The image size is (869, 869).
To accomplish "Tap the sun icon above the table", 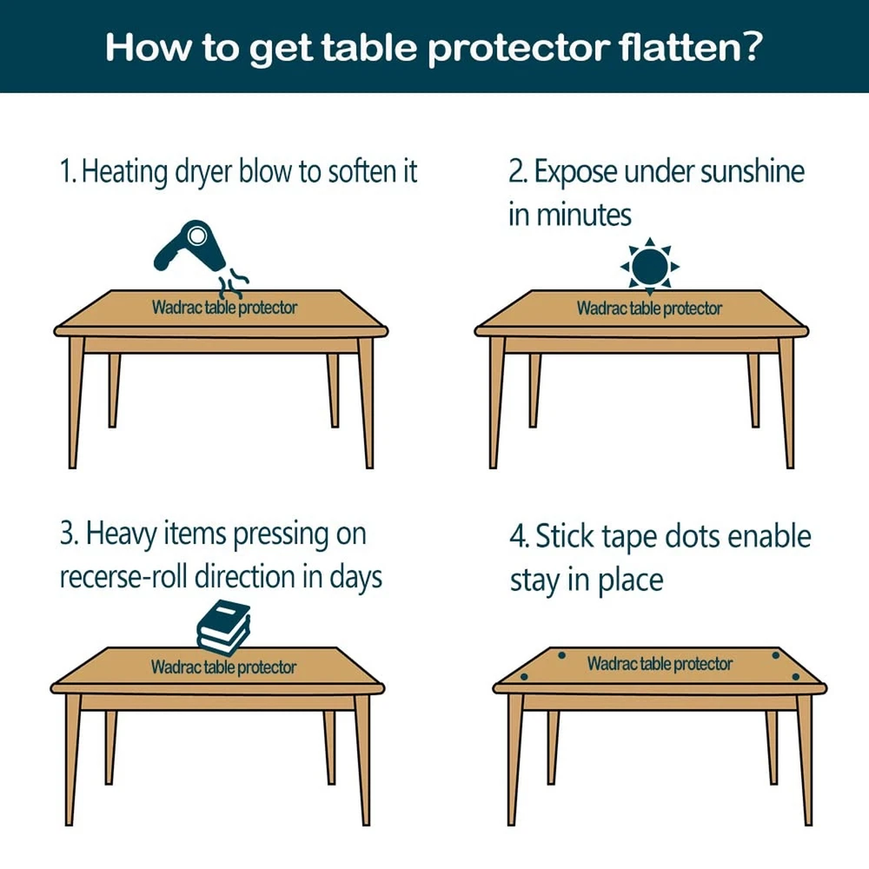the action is tap(649, 267).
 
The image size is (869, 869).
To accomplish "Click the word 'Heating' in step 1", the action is tap(124, 172).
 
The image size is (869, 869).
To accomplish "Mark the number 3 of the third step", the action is tap(68, 534).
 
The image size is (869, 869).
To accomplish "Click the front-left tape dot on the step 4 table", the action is tap(524, 677).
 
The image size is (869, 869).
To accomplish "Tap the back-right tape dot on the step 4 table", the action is tap(775, 655).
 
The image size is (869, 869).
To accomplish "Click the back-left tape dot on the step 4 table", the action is tap(561, 655).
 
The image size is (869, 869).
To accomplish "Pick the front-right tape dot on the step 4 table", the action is tap(796, 677).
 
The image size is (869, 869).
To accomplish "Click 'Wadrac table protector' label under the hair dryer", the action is tap(224, 308).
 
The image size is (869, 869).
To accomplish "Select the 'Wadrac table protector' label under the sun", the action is tap(649, 308).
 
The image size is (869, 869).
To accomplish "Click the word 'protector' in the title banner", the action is tap(519, 49).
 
